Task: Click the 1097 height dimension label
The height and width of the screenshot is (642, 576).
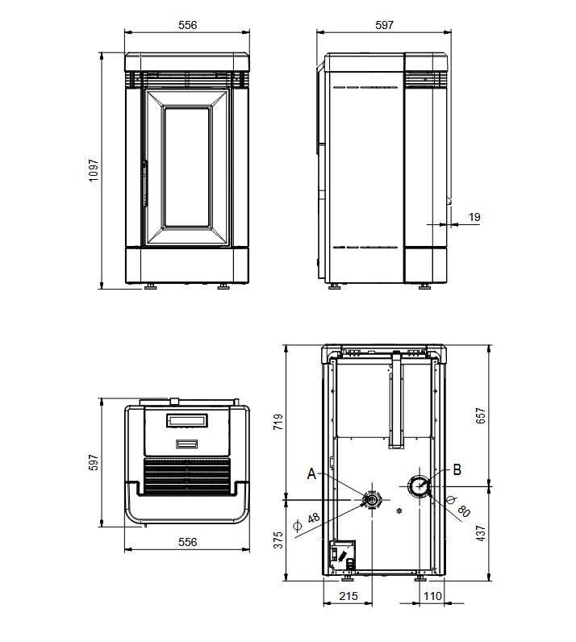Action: (94, 170)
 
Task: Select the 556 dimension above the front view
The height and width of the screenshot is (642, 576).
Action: (187, 25)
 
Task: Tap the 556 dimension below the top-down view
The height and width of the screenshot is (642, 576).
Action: (187, 542)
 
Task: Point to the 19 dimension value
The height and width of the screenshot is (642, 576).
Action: (474, 217)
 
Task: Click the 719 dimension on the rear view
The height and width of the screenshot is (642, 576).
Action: (278, 422)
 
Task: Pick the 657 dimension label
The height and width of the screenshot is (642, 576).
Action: (481, 415)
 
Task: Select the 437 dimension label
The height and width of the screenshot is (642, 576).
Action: (481, 533)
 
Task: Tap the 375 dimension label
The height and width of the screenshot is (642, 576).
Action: (278, 540)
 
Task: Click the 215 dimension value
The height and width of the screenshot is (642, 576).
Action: (349, 596)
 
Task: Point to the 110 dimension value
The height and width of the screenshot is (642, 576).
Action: (432, 596)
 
